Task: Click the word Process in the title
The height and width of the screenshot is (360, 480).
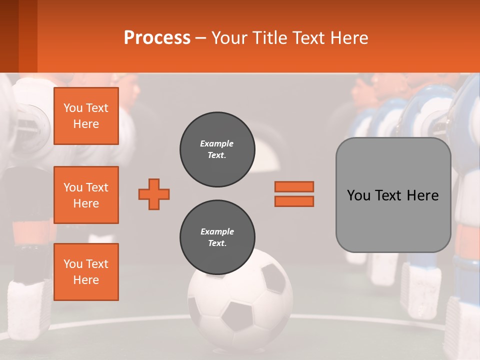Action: [157, 38]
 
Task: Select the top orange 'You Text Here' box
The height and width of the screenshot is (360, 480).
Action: [86, 116]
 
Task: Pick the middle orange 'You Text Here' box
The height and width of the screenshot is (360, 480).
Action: [86, 195]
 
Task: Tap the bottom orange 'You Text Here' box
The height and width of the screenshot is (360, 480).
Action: [86, 272]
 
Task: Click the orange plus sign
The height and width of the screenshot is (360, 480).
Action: [154, 194]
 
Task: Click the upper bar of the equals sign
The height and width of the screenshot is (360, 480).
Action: [294, 186]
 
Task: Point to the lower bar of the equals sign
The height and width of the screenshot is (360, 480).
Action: [294, 201]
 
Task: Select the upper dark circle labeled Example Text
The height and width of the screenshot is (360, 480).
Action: [217, 149]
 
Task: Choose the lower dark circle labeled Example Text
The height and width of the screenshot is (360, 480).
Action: [217, 237]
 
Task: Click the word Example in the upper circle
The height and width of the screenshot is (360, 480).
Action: [217, 143]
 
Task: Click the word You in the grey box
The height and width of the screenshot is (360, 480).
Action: [358, 195]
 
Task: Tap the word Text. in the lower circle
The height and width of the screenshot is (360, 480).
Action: [217, 243]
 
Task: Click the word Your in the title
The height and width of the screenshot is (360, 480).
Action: [229, 38]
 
